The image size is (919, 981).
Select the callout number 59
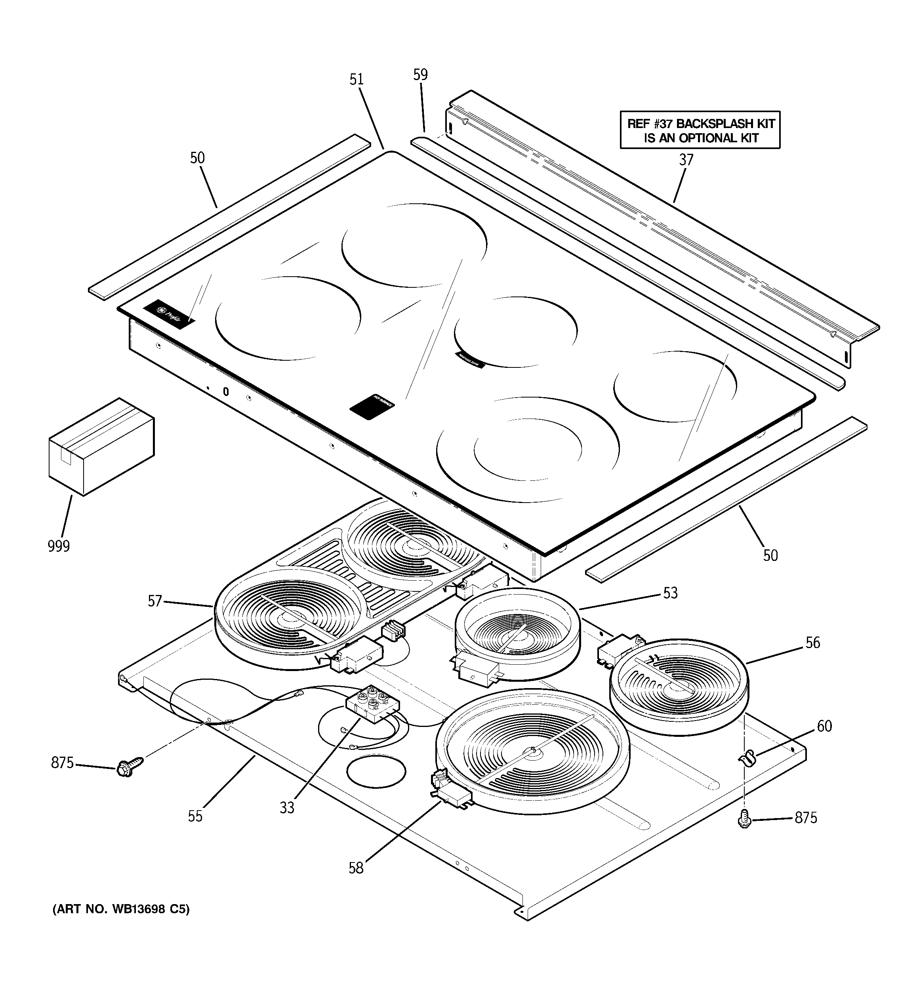coord(420,75)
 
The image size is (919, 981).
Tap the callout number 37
coord(686,160)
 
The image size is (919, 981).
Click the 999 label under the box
coord(59,546)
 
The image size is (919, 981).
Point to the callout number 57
coord(155,601)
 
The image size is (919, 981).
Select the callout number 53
coord(670,593)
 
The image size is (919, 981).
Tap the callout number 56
coord(812,643)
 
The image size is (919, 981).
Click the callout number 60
coord(824,726)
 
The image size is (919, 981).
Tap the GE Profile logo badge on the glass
coord(169,314)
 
